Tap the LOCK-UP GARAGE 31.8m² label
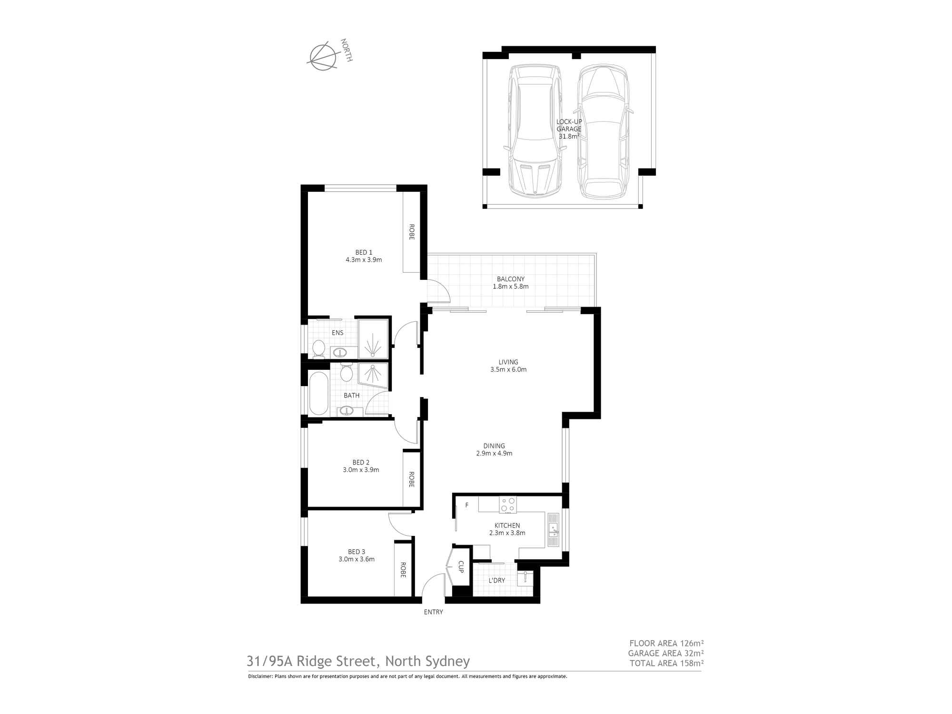point(569,129)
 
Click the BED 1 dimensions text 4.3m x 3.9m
point(364,260)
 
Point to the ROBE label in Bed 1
point(411,232)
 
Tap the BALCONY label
point(510,279)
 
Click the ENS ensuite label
point(337,333)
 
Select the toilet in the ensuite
point(318,348)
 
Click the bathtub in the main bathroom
point(318,394)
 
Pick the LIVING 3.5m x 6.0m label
point(508,366)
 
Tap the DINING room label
point(494,446)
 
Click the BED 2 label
point(361,462)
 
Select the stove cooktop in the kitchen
point(508,505)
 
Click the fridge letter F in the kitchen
point(467,505)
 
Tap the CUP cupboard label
point(461,566)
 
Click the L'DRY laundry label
point(496,580)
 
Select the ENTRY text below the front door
point(433,612)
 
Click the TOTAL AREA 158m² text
point(666,663)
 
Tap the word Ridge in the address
point(317,661)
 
